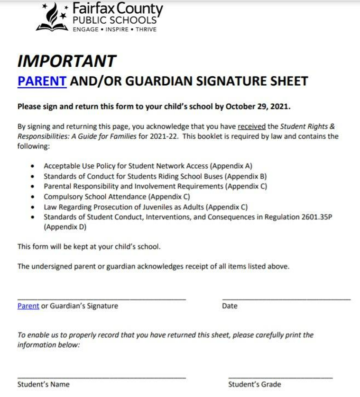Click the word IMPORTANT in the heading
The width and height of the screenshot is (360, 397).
click(x=66, y=61)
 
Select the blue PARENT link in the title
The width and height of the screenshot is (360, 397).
click(x=42, y=81)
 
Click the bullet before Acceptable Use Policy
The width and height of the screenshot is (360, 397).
click(x=32, y=166)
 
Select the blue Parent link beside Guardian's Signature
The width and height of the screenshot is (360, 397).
click(x=28, y=306)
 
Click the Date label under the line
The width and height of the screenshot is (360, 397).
click(x=230, y=306)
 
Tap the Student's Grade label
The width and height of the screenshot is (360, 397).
click(x=254, y=384)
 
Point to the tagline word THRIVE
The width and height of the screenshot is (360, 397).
click(x=146, y=29)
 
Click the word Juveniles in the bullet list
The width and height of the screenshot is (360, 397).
click(x=148, y=207)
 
